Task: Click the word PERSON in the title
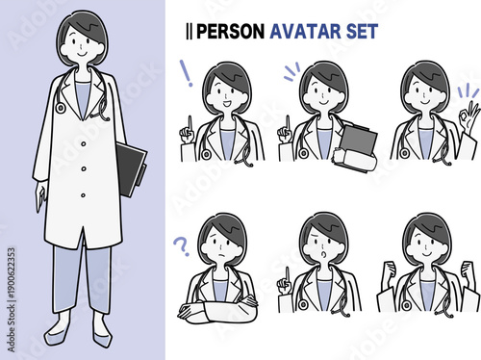click(x=230, y=32)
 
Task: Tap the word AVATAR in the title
click(x=305, y=32)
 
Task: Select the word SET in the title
click(x=362, y=32)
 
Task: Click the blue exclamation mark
click(x=187, y=73)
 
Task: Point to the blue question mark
click(x=181, y=246)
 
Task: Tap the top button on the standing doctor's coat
click(x=84, y=144)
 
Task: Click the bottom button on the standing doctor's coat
click(x=83, y=195)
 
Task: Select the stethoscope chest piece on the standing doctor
click(x=60, y=108)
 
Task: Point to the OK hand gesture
click(x=468, y=117)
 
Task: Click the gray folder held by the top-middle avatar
click(x=359, y=141)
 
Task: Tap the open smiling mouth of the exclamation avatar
click(x=227, y=104)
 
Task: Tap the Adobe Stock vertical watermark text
click(x=12, y=299)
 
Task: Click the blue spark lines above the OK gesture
click(x=468, y=90)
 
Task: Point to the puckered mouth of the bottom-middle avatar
click(x=324, y=254)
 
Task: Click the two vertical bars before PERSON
click(x=190, y=32)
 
